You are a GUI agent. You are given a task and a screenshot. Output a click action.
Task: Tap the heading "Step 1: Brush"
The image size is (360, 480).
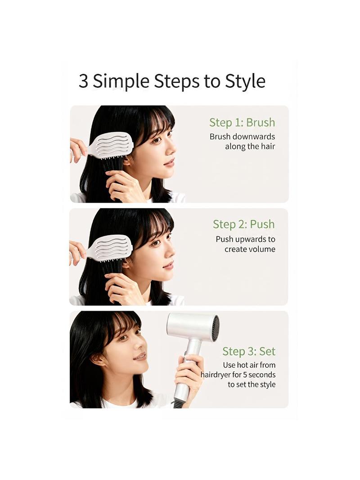point(242,122)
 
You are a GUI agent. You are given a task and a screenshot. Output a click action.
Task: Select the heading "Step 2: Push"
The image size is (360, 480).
point(244,224)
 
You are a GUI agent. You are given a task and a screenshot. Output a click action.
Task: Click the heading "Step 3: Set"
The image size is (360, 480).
point(249,351)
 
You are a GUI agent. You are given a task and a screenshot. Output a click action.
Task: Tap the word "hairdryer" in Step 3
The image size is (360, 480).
point(216,375)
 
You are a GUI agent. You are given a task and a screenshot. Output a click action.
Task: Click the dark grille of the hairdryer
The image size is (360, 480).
point(215,328)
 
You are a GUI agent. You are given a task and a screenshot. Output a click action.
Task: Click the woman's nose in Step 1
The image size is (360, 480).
point(172,150)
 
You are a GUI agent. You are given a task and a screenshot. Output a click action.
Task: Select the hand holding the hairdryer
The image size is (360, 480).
point(189,376)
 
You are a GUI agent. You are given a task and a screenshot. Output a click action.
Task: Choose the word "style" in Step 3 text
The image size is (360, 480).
point(267,385)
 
